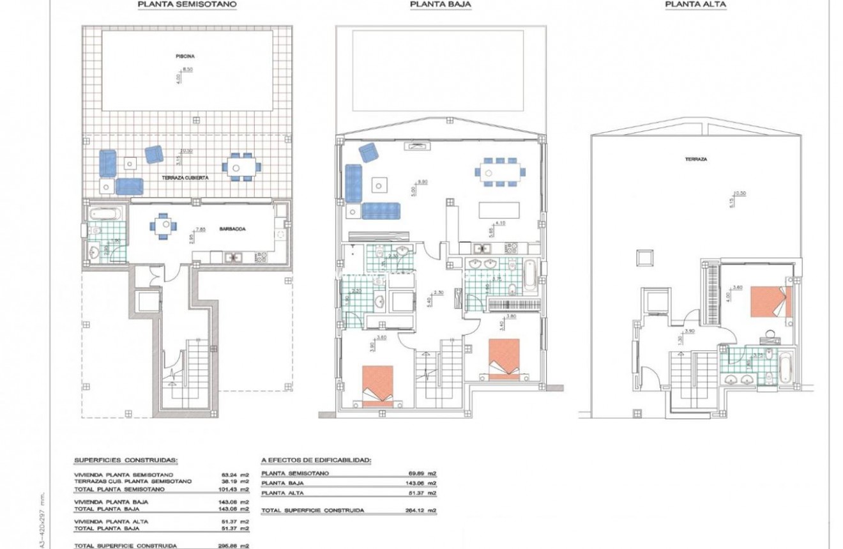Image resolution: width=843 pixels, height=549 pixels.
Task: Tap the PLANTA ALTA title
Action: tap(695, 4)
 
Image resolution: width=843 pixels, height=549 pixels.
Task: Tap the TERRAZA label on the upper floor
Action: tap(696, 159)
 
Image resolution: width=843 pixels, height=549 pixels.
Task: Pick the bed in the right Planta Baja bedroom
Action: tap(505, 359)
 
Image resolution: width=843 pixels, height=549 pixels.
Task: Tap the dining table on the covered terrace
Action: tap(241, 167)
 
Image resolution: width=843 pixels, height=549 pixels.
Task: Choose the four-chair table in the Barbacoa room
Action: tap(160, 226)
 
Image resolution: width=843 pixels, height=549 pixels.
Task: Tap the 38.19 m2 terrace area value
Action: tap(234, 481)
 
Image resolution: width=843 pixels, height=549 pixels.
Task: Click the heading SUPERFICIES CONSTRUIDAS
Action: tap(126, 460)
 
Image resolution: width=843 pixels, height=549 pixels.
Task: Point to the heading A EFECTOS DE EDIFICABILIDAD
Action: tap(316, 460)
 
